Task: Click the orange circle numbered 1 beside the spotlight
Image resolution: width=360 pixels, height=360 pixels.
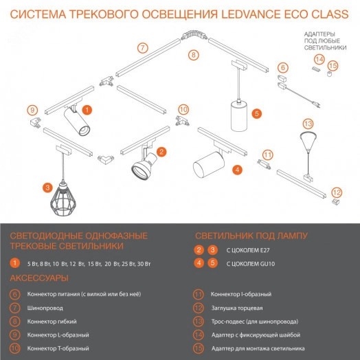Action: [87, 109]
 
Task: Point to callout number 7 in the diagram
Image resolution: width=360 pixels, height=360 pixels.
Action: [142, 47]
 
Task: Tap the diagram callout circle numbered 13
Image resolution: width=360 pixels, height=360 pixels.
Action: [308, 124]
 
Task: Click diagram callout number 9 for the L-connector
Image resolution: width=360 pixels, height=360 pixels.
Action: [31, 110]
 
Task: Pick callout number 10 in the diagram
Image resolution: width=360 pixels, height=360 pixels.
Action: [183, 109]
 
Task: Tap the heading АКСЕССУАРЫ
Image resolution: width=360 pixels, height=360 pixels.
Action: [38, 278]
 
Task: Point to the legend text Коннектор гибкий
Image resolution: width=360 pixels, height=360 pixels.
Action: [51, 321]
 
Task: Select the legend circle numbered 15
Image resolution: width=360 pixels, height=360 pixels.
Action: [199, 347]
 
